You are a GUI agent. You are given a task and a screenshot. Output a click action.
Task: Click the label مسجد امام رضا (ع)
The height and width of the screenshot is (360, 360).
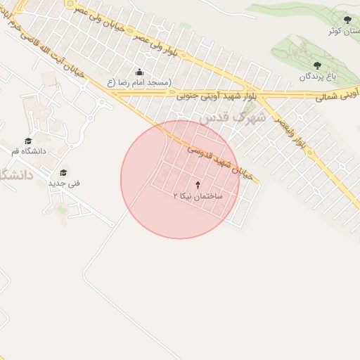139,83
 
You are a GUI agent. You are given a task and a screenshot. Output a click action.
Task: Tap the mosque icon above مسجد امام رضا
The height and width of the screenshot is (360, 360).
139,72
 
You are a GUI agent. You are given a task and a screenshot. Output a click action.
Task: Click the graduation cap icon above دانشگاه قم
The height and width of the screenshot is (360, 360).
28,141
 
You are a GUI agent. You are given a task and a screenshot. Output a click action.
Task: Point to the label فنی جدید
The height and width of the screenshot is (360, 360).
64,183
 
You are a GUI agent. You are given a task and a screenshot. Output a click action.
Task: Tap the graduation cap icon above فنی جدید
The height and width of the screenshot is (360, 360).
63,172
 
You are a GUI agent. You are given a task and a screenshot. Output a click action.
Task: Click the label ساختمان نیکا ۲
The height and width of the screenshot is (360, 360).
198,195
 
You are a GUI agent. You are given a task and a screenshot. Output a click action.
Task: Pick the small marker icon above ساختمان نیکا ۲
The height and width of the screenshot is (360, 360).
198,185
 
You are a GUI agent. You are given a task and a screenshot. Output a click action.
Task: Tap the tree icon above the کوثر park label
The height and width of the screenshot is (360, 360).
347,20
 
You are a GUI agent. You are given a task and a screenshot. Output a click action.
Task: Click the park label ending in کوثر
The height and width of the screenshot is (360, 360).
347,31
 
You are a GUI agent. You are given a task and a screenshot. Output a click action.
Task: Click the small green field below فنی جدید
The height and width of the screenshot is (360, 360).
62,209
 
